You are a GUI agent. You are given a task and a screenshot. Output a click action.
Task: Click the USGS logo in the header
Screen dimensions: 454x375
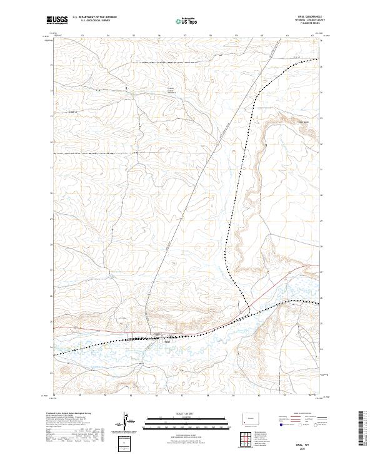coord(57,21)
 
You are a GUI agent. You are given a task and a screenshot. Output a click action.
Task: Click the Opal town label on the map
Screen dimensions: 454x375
coord(167,342)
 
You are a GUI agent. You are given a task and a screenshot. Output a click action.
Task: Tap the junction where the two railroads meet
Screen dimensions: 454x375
coord(249,311)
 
